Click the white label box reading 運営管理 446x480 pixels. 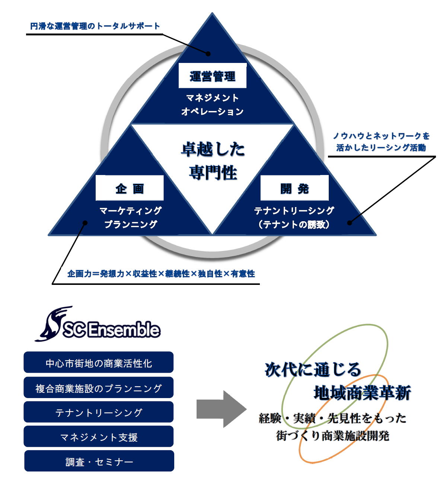[x=212, y=76]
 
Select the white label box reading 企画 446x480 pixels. [x=130, y=188]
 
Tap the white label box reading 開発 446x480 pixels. [x=294, y=188]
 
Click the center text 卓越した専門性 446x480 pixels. [x=213, y=161]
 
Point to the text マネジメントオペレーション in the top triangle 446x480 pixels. [x=212, y=105]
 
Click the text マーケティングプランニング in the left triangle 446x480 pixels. [x=131, y=217]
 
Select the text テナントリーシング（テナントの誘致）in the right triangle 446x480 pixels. [x=294, y=217]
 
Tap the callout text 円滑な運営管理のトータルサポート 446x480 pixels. [x=95, y=26]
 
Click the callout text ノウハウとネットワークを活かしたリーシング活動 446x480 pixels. [x=381, y=142]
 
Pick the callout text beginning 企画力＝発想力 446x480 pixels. [x=161, y=274]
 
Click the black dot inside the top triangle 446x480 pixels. [x=208, y=54]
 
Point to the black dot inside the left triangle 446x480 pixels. [x=85, y=223]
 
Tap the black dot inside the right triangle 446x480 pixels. [x=349, y=223]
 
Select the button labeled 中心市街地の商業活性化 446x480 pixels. [x=99, y=362]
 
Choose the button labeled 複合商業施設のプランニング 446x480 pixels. [x=99, y=388]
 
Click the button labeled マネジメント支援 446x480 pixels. [x=99, y=436]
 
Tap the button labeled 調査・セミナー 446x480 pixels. [x=99, y=461]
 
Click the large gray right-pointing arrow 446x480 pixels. [x=221, y=409]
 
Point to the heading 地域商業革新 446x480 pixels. [x=362, y=393]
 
